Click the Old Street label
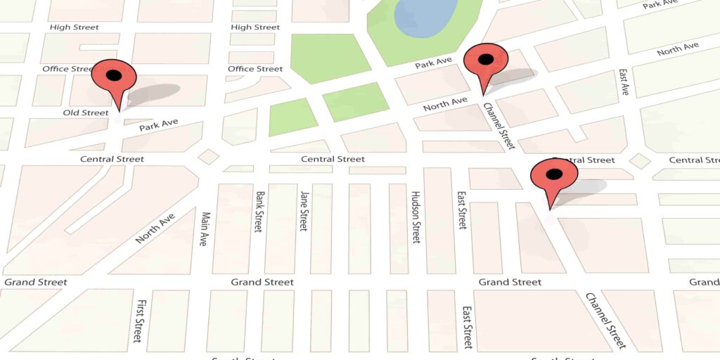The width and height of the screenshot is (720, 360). click(86, 112)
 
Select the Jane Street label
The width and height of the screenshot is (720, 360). click(304, 211)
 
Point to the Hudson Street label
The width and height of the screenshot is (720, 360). click(416, 217)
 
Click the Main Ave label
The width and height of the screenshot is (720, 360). click(205, 229)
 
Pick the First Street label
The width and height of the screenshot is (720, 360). click(141, 321)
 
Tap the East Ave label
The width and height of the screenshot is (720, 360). click(623, 82)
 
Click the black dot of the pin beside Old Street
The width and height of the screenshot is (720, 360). click(113, 75)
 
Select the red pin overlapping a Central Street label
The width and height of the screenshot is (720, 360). click(553, 177)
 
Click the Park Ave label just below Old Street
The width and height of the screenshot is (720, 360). click(158, 125)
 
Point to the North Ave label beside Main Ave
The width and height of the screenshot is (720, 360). click(155, 228)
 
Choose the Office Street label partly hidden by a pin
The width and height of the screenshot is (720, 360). click(67, 69)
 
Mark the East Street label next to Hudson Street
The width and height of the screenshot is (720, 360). click(462, 210)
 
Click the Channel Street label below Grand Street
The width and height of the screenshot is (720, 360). click(605, 321)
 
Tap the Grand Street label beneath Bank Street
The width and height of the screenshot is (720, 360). click(262, 282)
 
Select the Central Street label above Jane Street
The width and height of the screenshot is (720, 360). click(333, 159)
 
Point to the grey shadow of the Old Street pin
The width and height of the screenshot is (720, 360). click(154, 94)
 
